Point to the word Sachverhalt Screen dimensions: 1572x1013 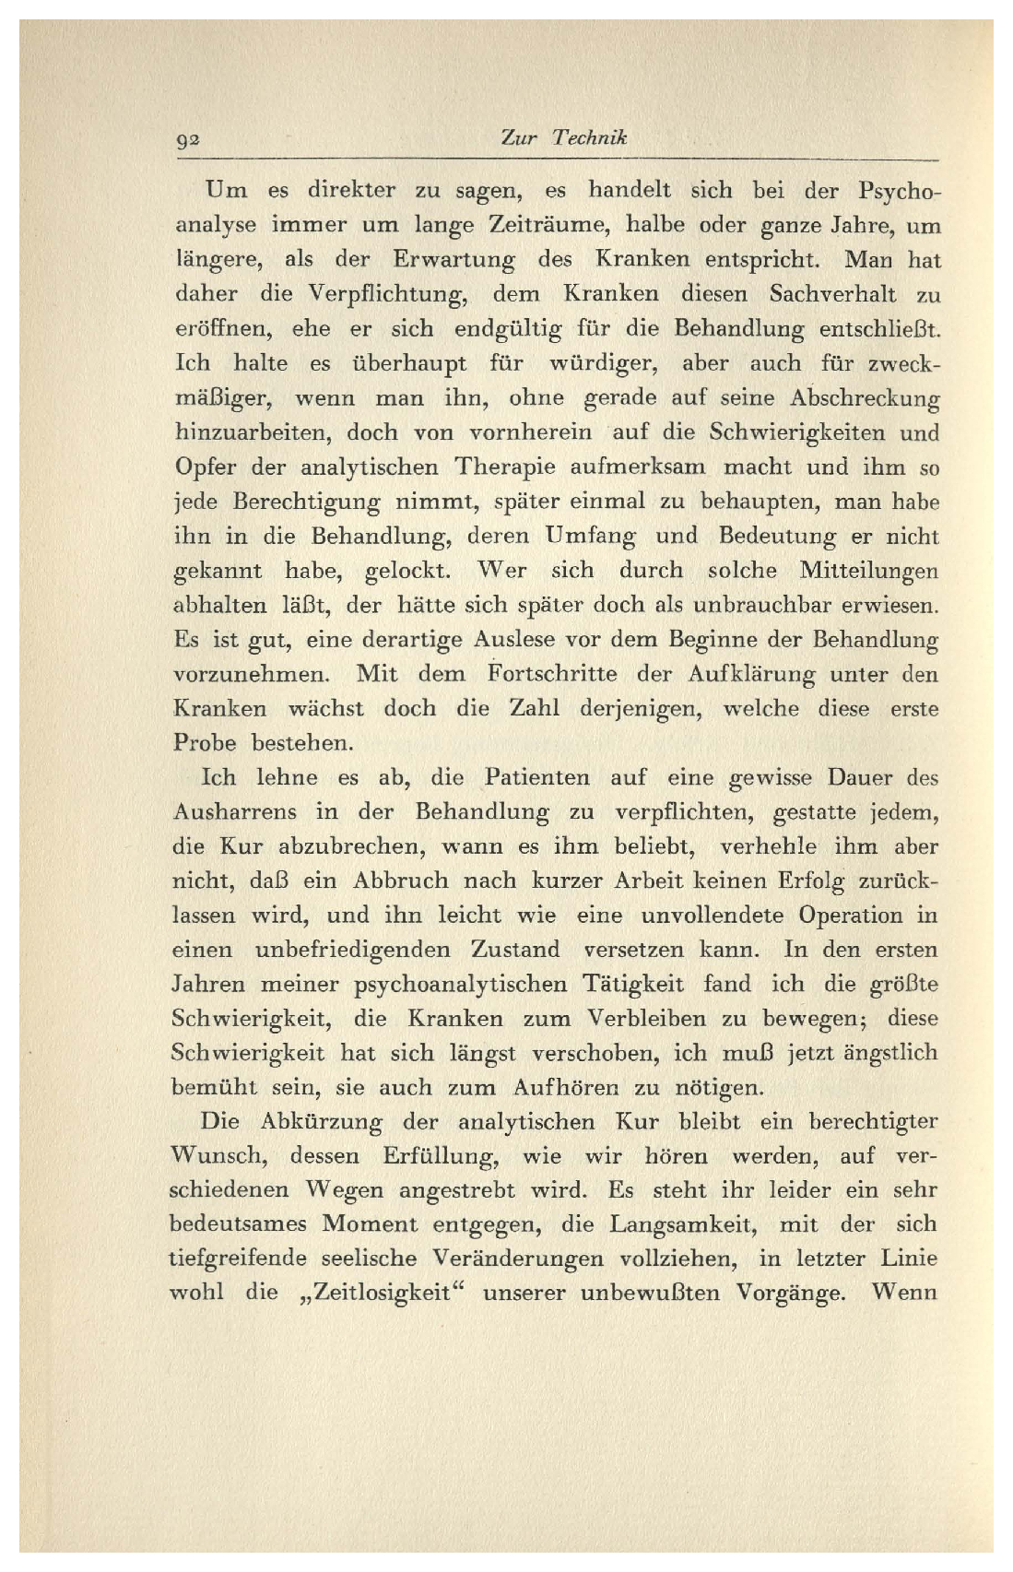click(832, 294)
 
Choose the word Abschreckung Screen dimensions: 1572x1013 click(865, 398)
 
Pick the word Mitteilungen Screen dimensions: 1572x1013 click(869, 571)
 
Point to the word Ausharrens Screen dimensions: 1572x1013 click(234, 812)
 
